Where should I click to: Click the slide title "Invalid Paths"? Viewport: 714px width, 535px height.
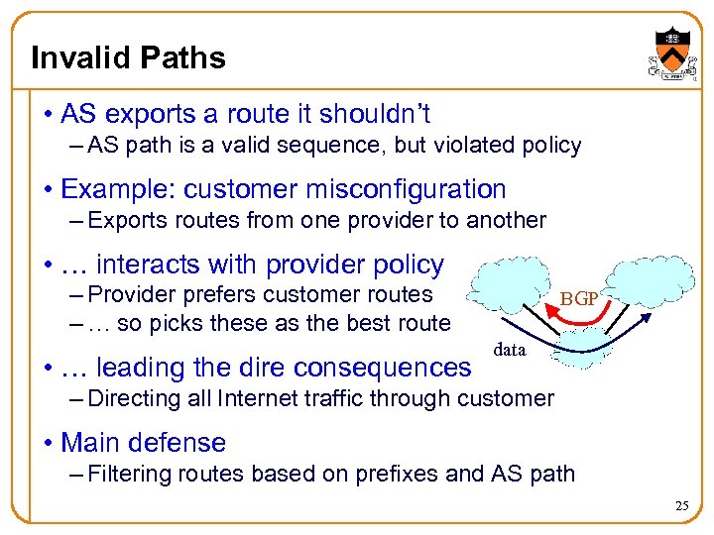point(129,57)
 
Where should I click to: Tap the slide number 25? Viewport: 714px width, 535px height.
point(681,506)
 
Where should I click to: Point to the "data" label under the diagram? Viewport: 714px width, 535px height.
point(509,350)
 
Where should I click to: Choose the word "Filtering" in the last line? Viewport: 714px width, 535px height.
point(131,474)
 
